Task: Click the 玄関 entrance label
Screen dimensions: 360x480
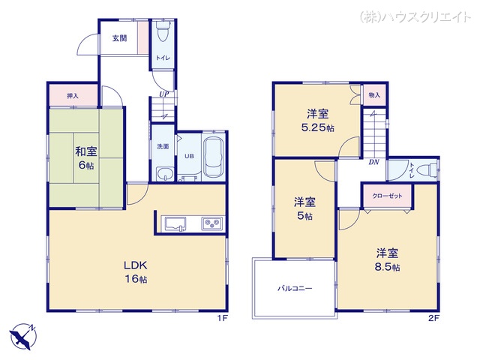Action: coord(120,38)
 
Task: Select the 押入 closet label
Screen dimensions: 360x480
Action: coord(72,96)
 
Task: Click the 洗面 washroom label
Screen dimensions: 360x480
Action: coord(163,147)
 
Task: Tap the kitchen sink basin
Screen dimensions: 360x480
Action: coord(175,222)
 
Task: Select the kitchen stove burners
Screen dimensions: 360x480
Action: coord(211,223)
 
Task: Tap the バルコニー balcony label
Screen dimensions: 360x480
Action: coord(295,288)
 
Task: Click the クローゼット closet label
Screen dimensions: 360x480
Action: coord(387,196)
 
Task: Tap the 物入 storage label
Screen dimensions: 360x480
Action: coord(374,95)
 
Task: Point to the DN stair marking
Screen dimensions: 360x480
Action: coord(373,160)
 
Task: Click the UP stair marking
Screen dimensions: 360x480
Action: coord(163,94)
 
